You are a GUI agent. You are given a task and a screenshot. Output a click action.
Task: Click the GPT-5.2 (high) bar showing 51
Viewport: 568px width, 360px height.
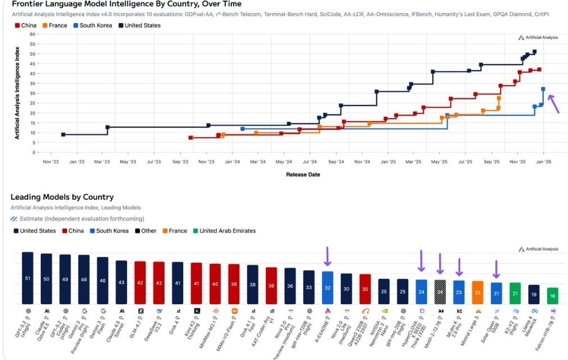[x=28, y=277]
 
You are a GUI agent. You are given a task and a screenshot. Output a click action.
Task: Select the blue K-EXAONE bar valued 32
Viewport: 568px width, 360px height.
[x=328, y=287]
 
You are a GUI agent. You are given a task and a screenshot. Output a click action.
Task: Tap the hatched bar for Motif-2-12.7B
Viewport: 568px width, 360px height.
[x=440, y=291]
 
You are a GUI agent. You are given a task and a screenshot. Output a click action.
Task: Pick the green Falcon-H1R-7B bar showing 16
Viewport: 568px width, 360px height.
[x=553, y=295]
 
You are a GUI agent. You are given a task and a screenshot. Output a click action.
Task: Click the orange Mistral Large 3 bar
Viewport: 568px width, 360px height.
[x=478, y=292]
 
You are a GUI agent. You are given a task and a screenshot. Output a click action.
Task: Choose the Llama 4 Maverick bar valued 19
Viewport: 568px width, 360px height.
[x=534, y=294]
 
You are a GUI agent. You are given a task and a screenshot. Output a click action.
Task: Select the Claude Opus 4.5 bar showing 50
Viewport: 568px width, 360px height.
[x=46, y=279]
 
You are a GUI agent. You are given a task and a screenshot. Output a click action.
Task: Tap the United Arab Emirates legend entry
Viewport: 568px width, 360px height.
[x=224, y=231]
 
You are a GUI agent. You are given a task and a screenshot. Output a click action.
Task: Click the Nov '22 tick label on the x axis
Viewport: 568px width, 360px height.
[x=51, y=162]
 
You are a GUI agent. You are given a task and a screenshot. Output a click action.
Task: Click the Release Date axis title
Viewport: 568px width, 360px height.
[x=303, y=174]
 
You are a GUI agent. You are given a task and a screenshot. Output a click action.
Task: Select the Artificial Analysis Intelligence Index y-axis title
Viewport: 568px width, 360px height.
[x=17, y=93]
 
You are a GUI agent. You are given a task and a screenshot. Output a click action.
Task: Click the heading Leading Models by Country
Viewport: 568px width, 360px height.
[x=62, y=197]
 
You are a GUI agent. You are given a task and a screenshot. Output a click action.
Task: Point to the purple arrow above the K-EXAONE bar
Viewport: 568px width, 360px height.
[x=328, y=256]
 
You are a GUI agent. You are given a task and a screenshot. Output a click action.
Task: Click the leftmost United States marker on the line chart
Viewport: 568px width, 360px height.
[x=63, y=135]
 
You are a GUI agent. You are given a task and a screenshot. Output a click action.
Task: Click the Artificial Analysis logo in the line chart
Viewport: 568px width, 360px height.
[x=538, y=38]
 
